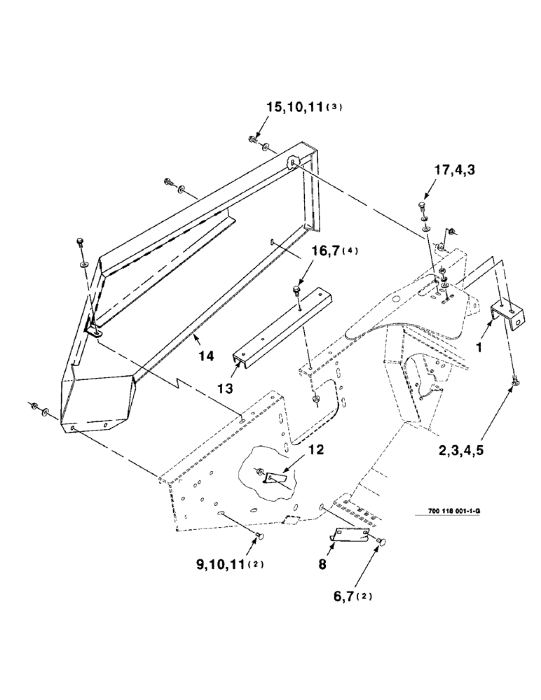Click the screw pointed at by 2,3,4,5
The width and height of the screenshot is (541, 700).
[x=516, y=380]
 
